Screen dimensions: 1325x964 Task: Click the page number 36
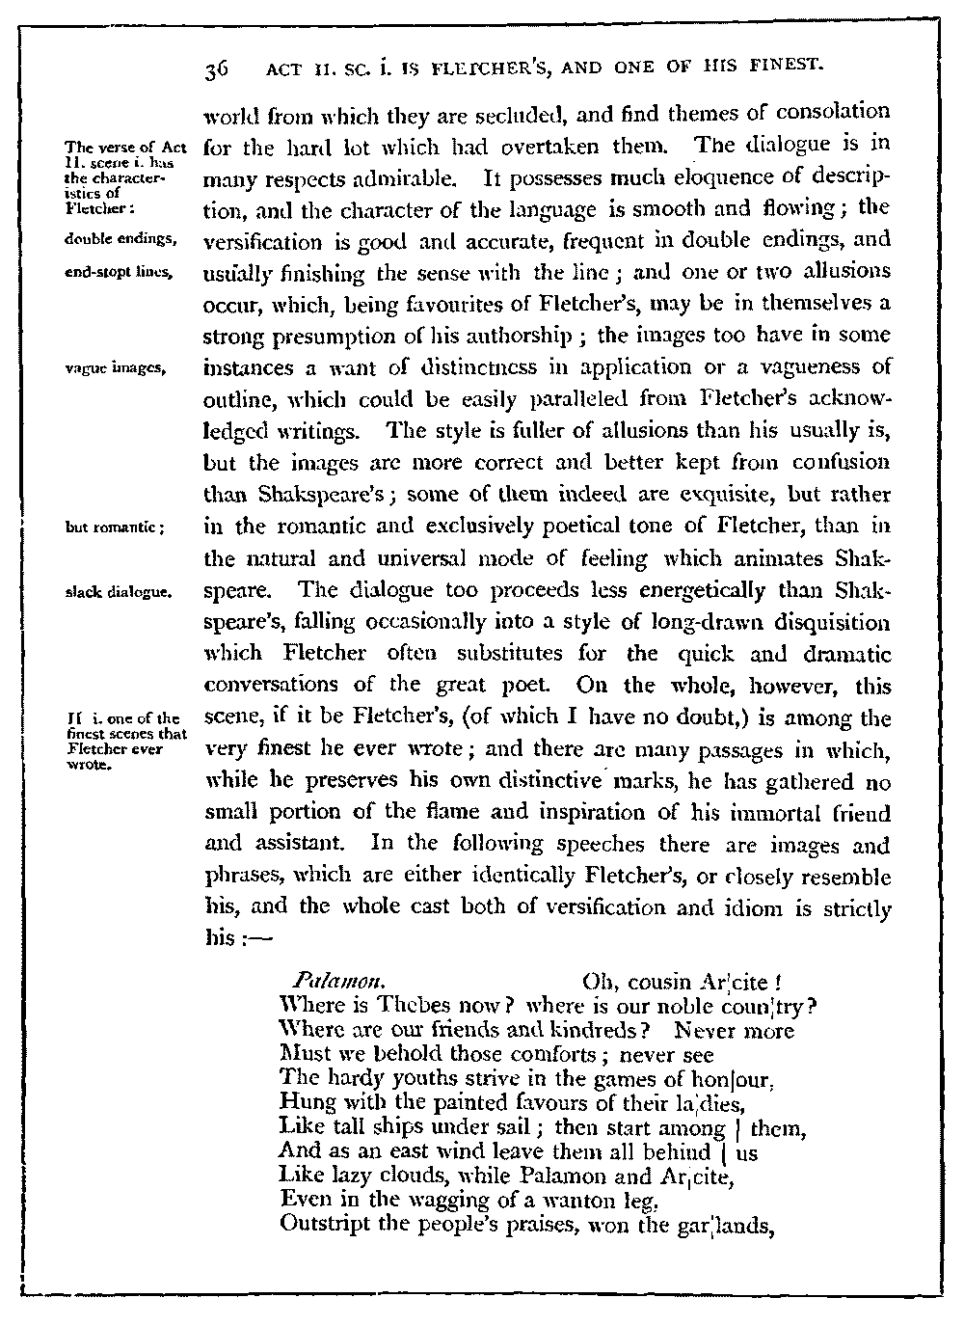click(x=216, y=68)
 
